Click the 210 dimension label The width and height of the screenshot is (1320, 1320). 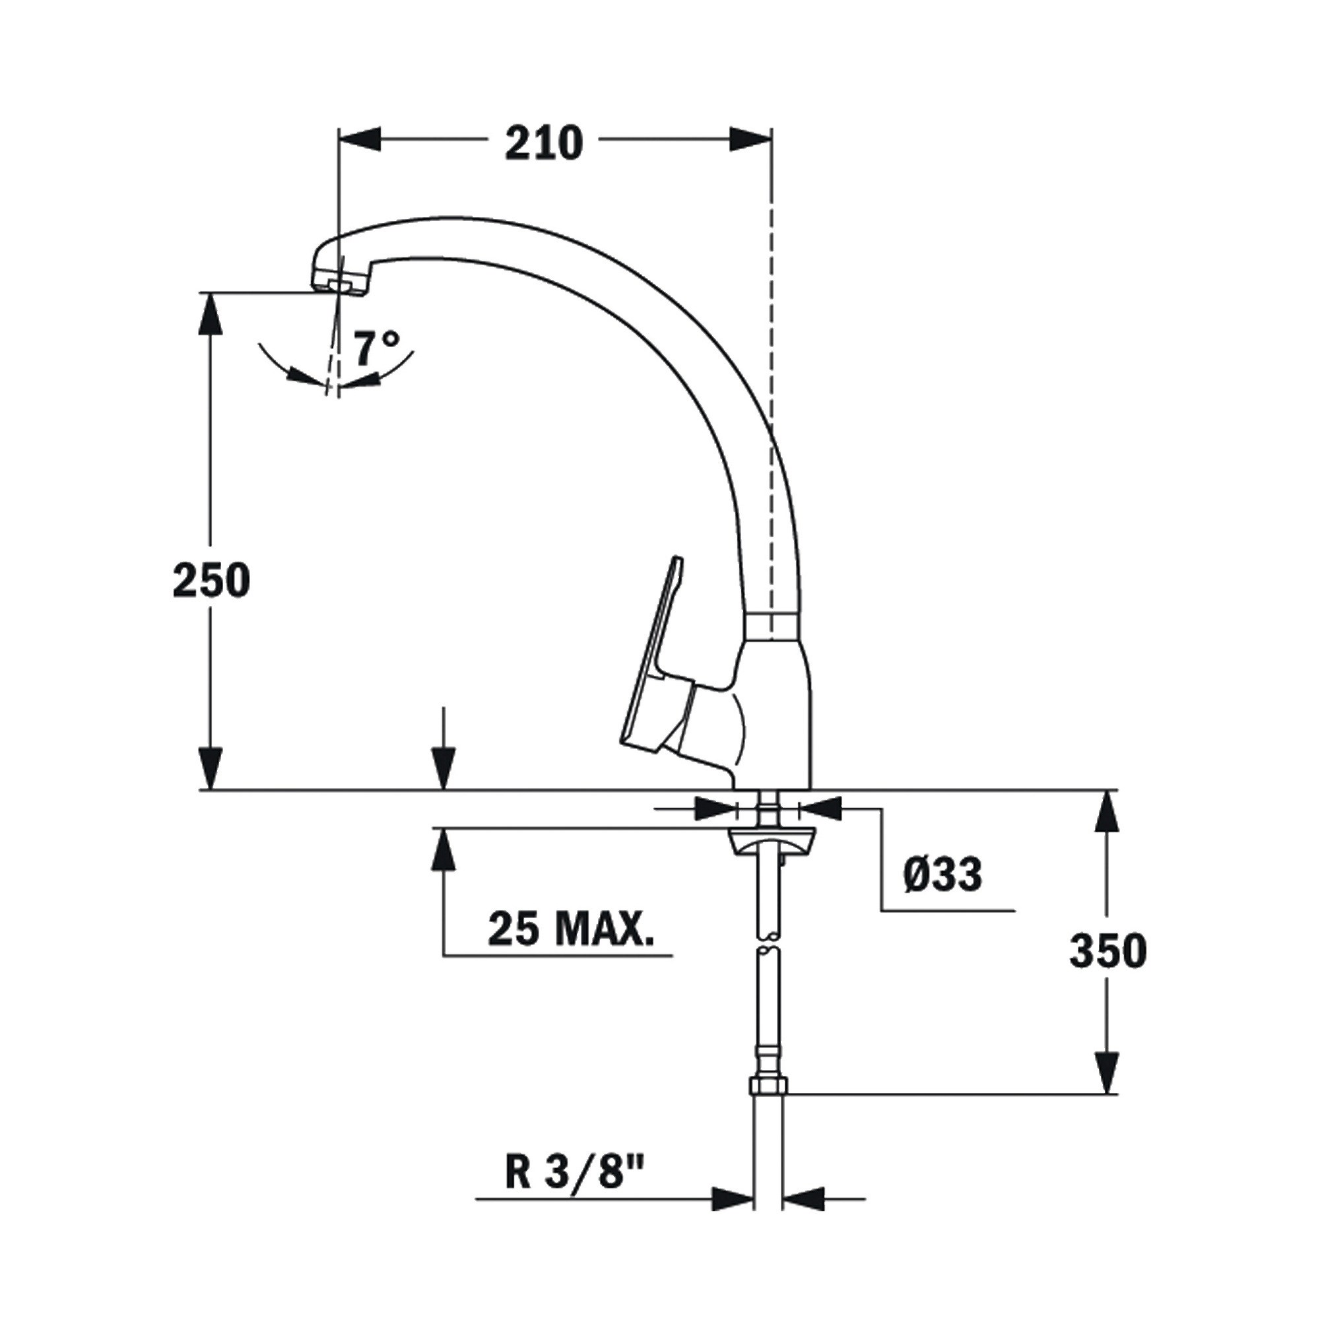click(x=544, y=143)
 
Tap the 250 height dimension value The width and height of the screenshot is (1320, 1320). click(x=212, y=580)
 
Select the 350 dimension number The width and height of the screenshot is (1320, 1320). click(x=1108, y=950)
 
